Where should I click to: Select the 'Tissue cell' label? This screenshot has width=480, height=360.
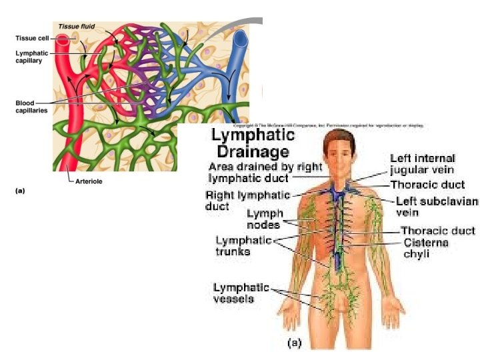point(31,38)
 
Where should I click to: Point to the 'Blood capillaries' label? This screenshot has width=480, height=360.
point(31,107)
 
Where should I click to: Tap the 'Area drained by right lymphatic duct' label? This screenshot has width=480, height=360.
point(265,172)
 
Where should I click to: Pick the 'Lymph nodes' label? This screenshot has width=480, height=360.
point(265,219)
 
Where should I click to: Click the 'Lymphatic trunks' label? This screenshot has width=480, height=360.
point(242,245)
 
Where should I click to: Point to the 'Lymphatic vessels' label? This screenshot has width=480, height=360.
point(241,293)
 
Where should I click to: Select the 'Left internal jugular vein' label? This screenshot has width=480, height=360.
point(423,164)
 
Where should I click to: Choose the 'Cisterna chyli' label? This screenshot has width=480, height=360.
point(426,248)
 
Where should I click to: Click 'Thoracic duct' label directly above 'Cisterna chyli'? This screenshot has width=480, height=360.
point(437,231)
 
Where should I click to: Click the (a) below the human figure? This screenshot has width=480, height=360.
point(294,343)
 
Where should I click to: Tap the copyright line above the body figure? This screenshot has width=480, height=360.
point(329,125)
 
